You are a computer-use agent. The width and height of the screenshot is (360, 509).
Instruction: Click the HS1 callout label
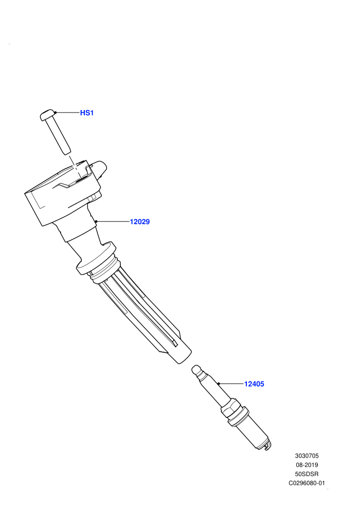[x=87, y=113]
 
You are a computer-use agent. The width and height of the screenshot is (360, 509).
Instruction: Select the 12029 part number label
[x=139, y=222]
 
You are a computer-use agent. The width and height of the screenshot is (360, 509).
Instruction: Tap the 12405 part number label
[x=254, y=384]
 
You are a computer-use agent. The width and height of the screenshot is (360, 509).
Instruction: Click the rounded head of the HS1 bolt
[x=47, y=115]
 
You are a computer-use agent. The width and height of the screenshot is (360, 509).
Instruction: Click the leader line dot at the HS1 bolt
[x=56, y=113]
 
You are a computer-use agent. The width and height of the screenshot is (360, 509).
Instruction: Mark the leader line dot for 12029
[x=96, y=222]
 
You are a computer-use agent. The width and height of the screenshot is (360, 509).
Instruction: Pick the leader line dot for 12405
[x=219, y=384]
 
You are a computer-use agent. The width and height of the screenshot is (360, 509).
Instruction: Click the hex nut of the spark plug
[x=231, y=409]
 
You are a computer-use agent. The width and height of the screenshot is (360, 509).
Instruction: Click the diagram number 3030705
[x=307, y=456]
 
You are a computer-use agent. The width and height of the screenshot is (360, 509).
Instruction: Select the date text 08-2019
[x=307, y=465]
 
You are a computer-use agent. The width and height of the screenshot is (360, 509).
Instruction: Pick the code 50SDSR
[x=307, y=474]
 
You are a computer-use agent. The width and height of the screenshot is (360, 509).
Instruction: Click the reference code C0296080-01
[x=307, y=483]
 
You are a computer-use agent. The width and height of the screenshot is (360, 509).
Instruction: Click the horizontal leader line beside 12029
[x=113, y=222]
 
